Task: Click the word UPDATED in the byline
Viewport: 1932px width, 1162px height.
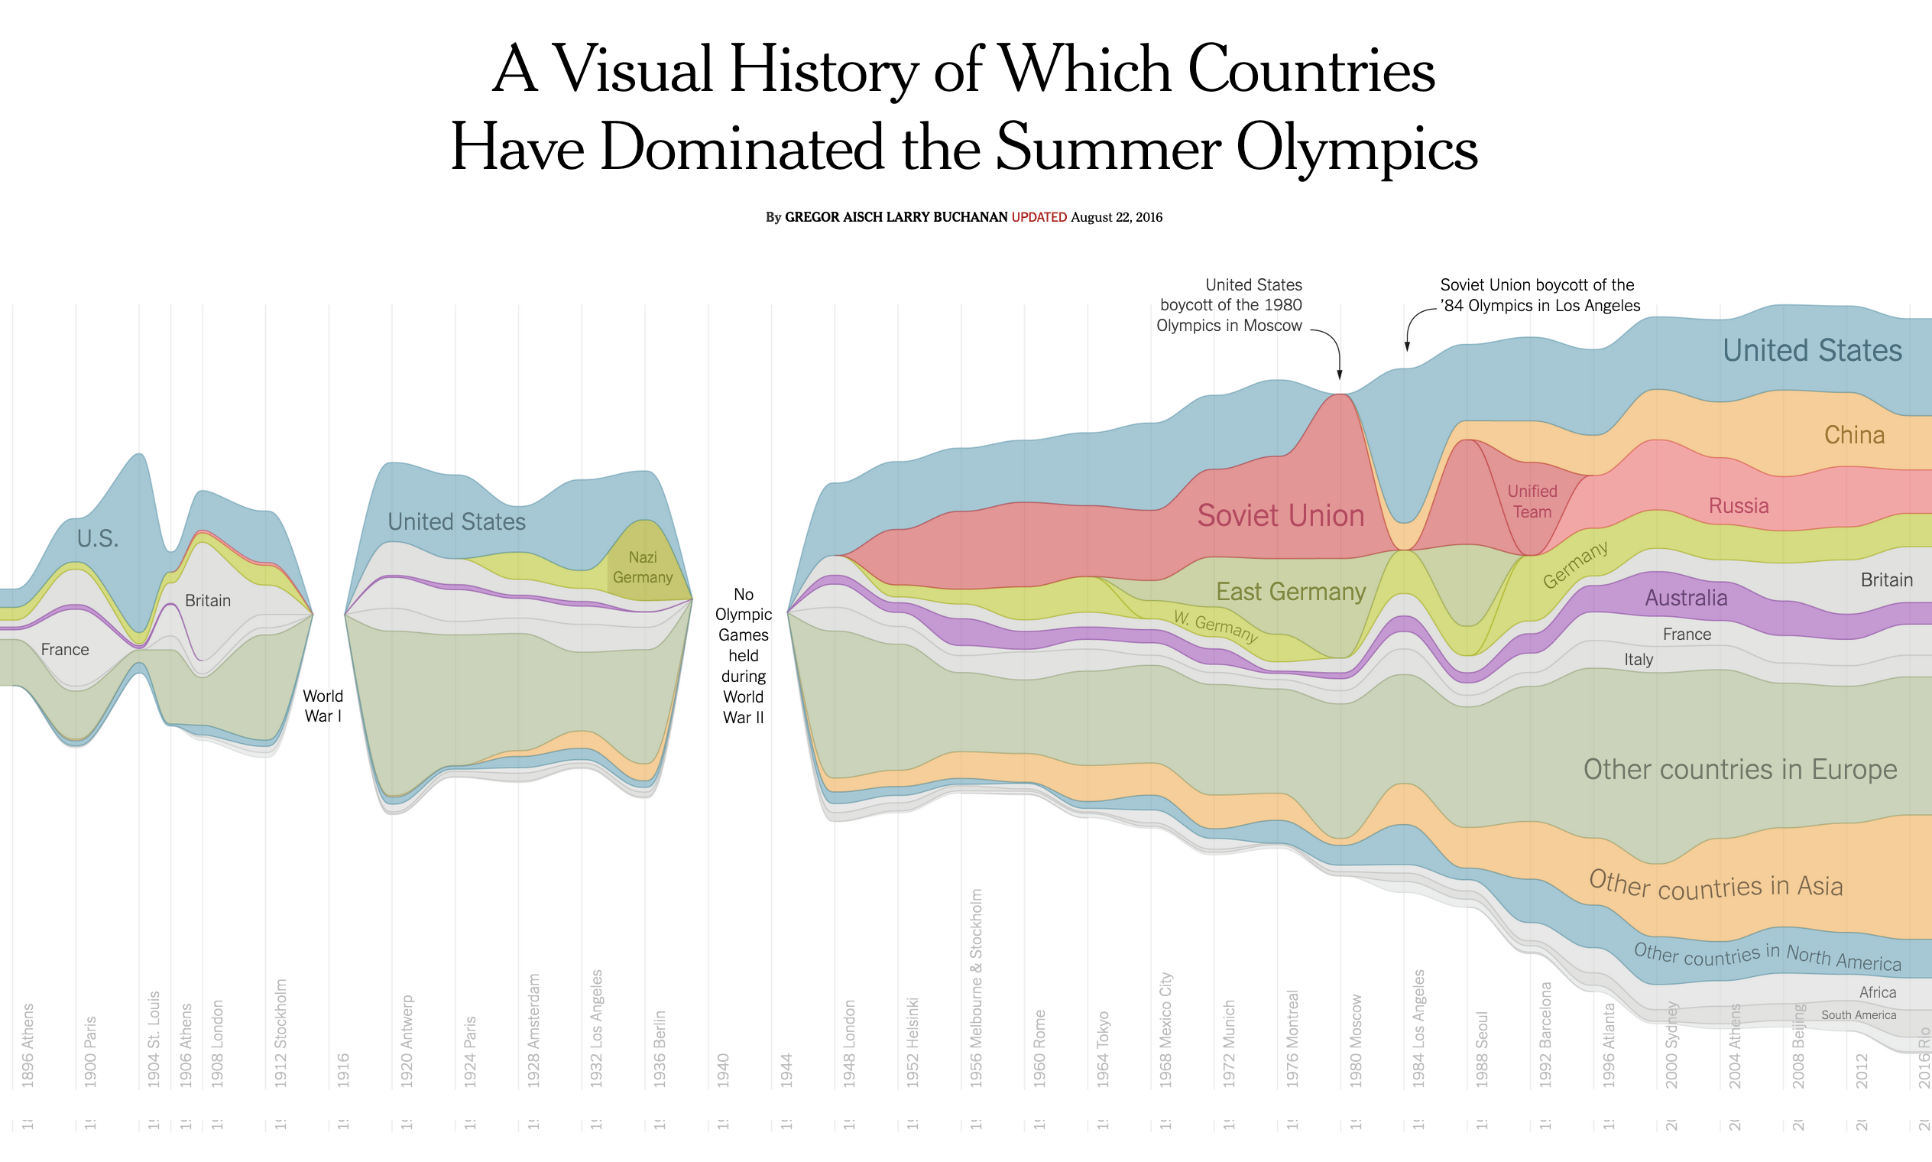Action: pyautogui.click(x=1039, y=218)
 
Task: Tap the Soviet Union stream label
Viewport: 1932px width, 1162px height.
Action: pyautogui.click(x=1281, y=516)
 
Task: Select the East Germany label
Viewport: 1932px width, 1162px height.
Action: pyautogui.click(x=1290, y=592)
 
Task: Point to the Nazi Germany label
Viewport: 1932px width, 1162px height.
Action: pyautogui.click(x=643, y=568)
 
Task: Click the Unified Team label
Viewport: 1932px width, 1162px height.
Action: pyautogui.click(x=1532, y=502)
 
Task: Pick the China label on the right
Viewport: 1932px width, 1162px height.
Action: pyautogui.click(x=1854, y=435)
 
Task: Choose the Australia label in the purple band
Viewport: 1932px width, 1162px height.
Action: pyautogui.click(x=1685, y=599)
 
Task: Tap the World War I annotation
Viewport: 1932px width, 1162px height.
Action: pyautogui.click(x=323, y=706)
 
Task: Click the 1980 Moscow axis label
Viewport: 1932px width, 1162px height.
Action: pyautogui.click(x=1357, y=1041)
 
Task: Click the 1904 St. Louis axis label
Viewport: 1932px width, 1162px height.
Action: pyautogui.click(x=154, y=1040)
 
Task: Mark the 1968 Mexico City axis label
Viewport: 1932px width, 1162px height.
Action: pyautogui.click(x=1166, y=1030)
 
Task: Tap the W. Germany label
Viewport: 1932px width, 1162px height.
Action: pyautogui.click(x=1215, y=627)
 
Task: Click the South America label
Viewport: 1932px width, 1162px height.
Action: pyautogui.click(x=1859, y=1015)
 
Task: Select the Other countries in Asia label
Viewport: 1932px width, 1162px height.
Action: pyautogui.click(x=1715, y=885)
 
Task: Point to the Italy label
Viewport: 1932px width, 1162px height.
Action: pyautogui.click(x=1639, y=660)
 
